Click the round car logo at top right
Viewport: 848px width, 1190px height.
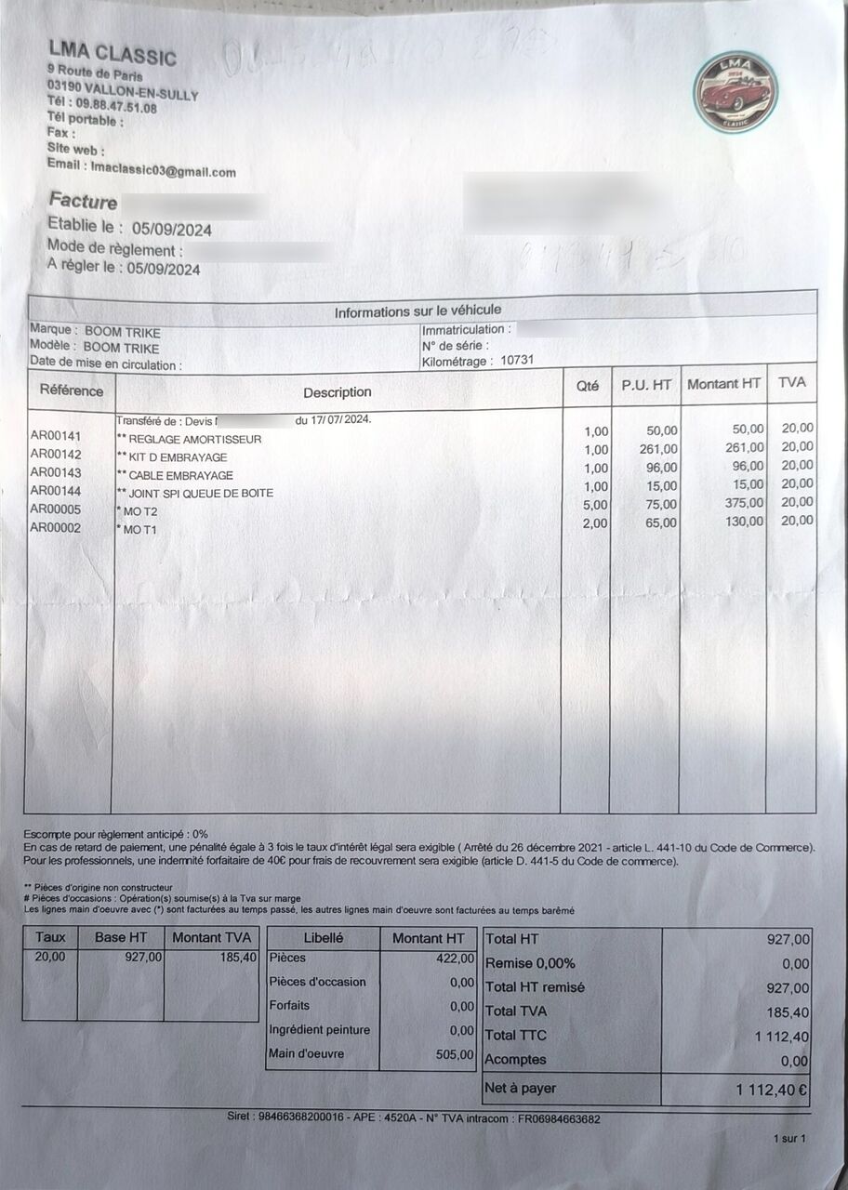click(735, 92)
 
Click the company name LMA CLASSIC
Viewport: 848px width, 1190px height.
click(112, 53)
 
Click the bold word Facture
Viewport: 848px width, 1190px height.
click(83, 202)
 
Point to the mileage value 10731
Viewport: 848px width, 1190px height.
click(517, 361)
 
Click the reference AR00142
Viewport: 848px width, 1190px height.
click(56, 455)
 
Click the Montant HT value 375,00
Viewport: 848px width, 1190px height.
click(744, 503)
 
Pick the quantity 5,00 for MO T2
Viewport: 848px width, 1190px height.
click(595, 505)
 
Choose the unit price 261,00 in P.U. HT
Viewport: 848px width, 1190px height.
click(660, 449)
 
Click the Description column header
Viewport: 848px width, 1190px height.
click(337, 391)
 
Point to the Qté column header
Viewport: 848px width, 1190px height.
click(587, 386)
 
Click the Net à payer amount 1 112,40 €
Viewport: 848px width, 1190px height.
click(772, 1090)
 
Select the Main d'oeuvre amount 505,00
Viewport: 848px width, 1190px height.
click(456, 1054)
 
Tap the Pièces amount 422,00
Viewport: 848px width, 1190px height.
click(456, 959)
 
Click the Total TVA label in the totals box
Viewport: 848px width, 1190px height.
click(516, 1011)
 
